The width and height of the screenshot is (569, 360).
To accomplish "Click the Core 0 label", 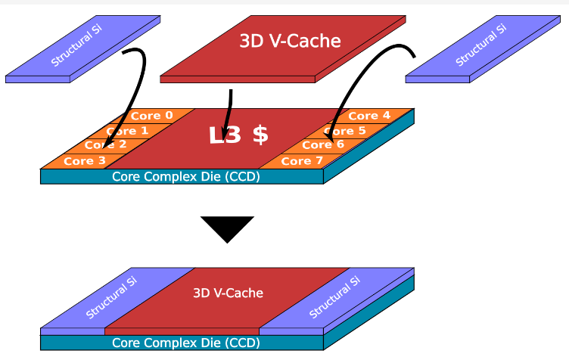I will pyautogui.click(x=151, y=116).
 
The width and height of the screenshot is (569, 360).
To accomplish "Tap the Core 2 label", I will pyautogui.click(x=105, y=145).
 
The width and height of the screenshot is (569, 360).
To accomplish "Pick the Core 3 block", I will pyautogui.click(x=79, y=161).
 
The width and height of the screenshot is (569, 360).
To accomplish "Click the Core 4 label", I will pyautogui.click(x=369, y=116).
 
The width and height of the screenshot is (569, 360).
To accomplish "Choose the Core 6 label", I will pyautogui.click(x=323, y=145).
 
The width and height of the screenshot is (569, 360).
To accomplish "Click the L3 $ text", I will pyautogui.click(x=238, y=135).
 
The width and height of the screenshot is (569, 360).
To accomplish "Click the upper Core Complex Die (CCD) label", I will pyautogui.click(x=185, y=177).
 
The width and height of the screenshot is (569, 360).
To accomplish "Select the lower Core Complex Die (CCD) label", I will pyautogui.click(x=185, y=343).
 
